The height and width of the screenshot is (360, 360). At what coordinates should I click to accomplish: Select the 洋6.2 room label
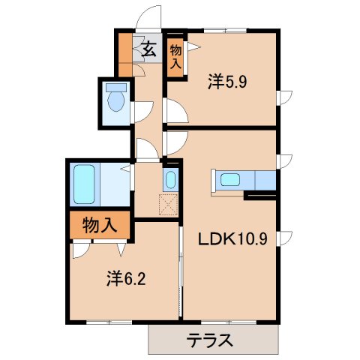tap(125, 279)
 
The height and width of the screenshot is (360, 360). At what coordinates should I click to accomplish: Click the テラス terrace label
tap(209, 340)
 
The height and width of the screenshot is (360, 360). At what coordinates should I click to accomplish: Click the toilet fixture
tap(117, 99)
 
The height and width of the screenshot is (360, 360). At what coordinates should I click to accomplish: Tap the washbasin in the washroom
tap(170, 181)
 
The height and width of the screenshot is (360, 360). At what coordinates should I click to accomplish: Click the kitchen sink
tap(229, 180)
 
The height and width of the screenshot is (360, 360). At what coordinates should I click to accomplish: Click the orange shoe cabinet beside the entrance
tap(124, 52)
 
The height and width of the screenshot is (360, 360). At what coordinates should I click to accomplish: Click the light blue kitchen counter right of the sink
tap(265, 181)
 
